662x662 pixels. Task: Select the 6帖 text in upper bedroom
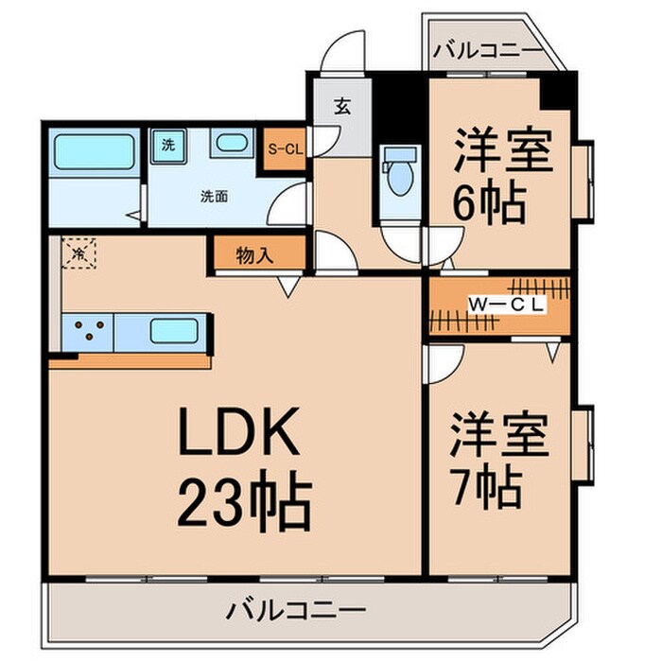489,201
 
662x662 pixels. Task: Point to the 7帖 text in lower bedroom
484,486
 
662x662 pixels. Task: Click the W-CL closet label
507,305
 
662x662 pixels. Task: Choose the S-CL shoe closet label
284,148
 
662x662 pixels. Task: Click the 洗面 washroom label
213,198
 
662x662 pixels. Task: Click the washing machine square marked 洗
168,147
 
